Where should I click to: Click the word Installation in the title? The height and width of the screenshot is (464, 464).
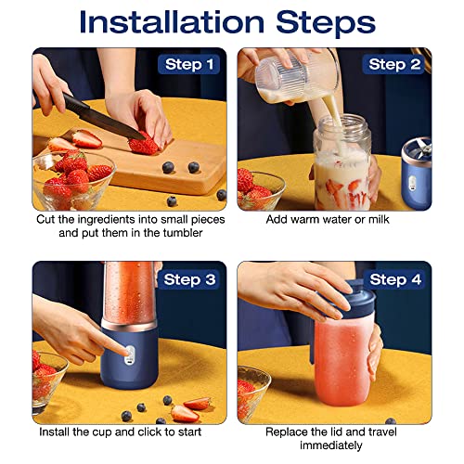tap(172, 21)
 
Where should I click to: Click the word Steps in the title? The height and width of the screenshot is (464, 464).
tap(326, 22)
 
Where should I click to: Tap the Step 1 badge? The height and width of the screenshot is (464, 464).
tap(188, 64)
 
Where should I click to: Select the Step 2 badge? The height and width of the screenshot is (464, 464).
tap(393, 64)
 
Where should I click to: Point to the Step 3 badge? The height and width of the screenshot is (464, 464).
tap(188, 279)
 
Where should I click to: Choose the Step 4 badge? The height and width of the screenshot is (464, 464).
tap(394, 279)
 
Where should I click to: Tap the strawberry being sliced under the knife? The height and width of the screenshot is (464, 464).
tap(144, 145)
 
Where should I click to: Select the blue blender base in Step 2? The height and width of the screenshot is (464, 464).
tap(417, 174)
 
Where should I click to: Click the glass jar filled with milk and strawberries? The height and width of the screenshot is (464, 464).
tap(342, 162)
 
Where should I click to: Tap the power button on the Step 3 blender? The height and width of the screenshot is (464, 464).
tap(130, 355)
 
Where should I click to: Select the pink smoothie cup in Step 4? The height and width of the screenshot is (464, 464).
tap(343, 360)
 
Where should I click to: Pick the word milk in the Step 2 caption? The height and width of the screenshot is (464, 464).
tap(379, 219)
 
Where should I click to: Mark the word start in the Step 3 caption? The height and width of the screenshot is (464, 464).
tap(188, 432)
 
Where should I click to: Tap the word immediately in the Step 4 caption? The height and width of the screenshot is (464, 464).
tap(331, 445)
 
